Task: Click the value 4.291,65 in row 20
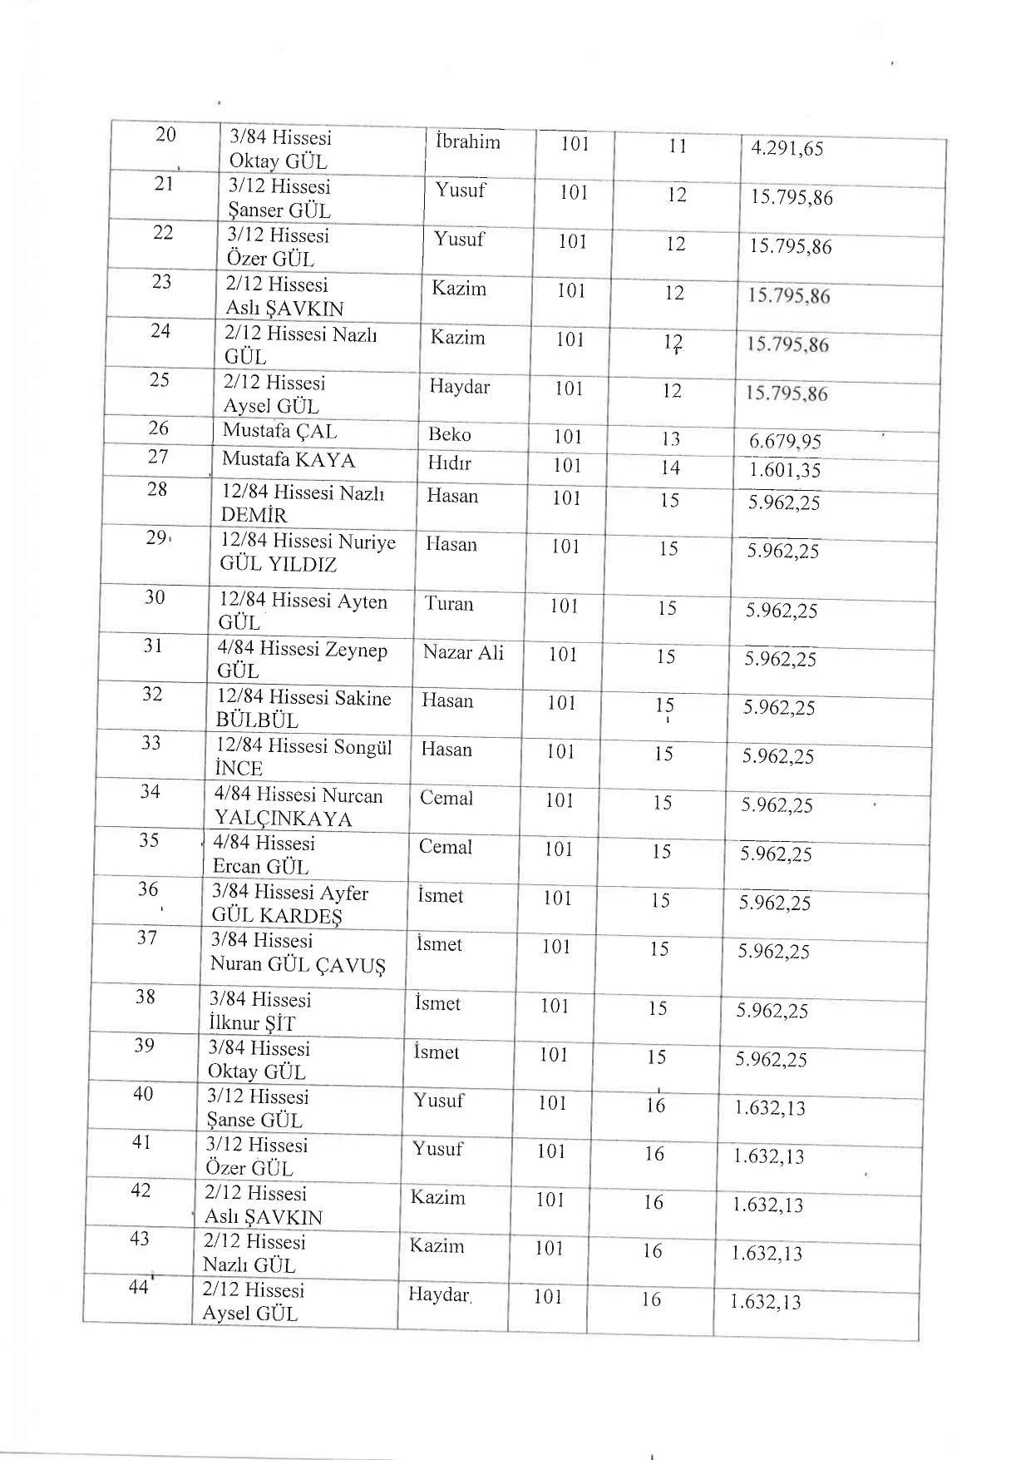(787, 150)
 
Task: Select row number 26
(158, 428)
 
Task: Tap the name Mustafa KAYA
(288, 460)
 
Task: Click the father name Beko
(449, 434)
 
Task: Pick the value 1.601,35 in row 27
(784, 471)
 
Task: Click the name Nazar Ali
(463, 653)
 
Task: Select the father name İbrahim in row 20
(467, 142)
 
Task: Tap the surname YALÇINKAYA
(283, 819)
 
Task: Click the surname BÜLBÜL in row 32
(257, 721)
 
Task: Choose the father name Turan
(449, 604)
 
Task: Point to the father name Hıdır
(449, 463)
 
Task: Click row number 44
(138, 1288)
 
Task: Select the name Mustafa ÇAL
(279, 432)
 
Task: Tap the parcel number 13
(670, 439)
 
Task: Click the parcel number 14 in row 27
(670, 468)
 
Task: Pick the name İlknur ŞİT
(251, 1024)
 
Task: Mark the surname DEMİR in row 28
(254, 516)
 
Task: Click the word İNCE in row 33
(239, 770)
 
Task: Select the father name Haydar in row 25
(459, 387)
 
